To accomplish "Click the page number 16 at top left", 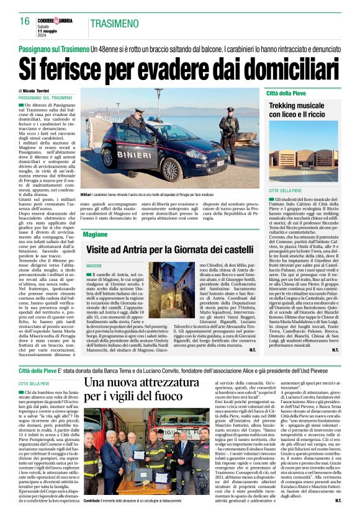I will click(24, 21).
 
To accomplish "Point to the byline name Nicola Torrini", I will click(40, 91).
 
